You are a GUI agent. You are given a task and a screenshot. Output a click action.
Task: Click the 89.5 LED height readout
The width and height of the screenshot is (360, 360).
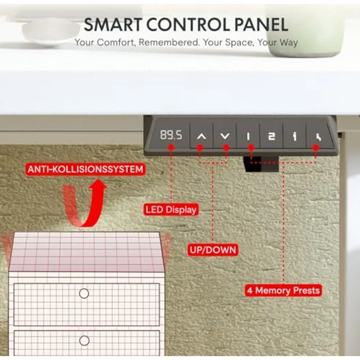point(171,135)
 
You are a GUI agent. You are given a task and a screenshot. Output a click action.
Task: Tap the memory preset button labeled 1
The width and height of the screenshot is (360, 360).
point(248,135)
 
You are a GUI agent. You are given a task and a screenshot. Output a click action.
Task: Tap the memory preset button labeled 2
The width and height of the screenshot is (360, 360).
point(271,136)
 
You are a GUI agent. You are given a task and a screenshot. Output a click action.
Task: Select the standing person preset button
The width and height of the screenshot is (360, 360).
point(295,136)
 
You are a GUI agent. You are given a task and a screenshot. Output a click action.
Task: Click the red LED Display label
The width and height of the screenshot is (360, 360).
point(171,210)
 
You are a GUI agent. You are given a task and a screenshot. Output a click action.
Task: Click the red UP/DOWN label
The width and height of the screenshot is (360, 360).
point(213,250)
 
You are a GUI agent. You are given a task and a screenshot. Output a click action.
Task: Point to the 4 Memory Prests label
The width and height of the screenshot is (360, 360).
point(283,291)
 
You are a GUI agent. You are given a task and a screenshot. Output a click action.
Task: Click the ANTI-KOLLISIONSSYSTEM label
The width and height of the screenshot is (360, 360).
point(85,169)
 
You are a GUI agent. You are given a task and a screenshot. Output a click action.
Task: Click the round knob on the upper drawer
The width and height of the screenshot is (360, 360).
point(84,293)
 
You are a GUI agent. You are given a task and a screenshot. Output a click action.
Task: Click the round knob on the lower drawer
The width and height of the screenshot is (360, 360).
point(84,340)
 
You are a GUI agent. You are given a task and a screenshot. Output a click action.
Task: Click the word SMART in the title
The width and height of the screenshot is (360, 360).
point(112,24)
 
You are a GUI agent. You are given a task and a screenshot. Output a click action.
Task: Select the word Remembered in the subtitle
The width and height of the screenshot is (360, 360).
point(169,43)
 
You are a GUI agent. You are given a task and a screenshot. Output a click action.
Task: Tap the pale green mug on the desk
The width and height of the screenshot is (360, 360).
point(305,30)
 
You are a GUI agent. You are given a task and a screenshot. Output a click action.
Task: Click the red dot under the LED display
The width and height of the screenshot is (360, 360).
point(171,147)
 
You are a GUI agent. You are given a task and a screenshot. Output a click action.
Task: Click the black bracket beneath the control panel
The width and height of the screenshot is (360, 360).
point(261,164)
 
